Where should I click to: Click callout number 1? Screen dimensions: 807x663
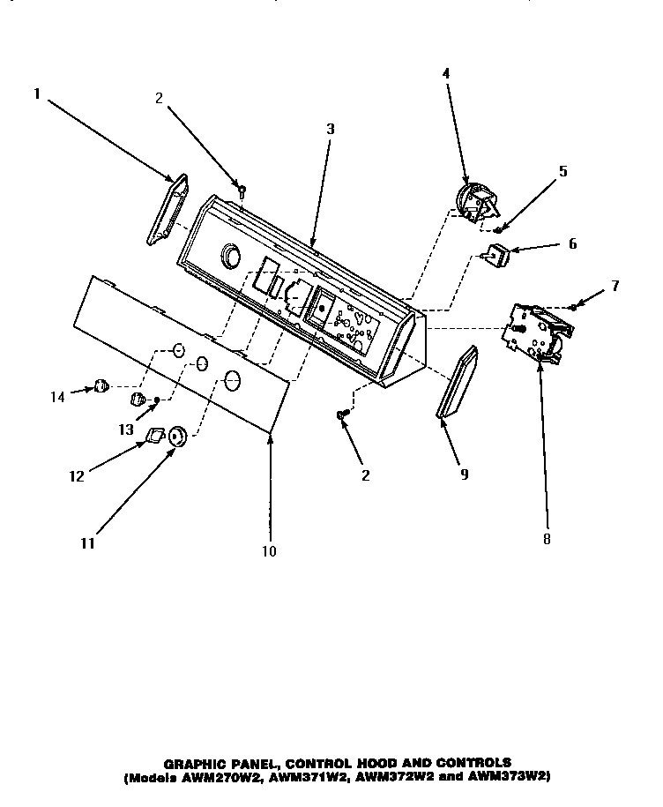coord(38,92)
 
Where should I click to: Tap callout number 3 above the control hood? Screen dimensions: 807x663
coord(330,129)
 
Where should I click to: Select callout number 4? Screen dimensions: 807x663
coord(445,74)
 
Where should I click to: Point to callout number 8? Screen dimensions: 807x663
coord(546,539)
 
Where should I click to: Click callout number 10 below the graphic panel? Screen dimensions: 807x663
coord(269,551)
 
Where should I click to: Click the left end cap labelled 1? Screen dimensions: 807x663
coord(166,210)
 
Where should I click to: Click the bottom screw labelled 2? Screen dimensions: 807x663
coord(342,414)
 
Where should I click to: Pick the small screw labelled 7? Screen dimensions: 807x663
coord(574,306)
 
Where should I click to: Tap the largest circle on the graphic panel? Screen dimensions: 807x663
coord(232,381)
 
